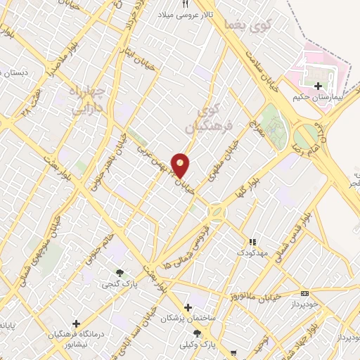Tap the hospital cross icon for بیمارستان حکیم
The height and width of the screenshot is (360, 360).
318,86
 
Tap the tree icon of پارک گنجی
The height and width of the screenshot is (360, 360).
119,273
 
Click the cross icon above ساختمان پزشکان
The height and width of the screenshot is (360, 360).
187,307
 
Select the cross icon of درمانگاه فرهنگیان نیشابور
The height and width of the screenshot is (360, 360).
75,323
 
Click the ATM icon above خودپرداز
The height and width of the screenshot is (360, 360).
304,293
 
